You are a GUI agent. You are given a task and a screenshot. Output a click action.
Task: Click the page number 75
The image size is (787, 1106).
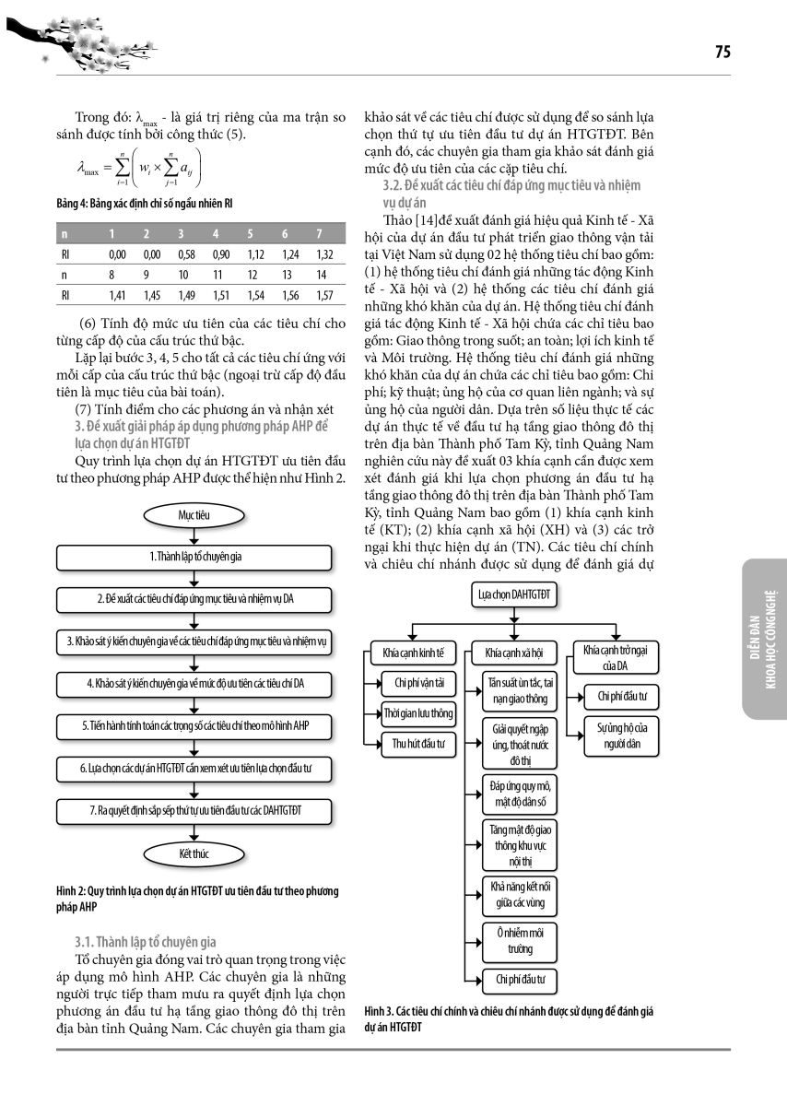pos(722,53)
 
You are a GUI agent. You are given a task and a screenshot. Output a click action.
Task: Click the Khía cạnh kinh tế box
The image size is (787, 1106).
pos(413,653)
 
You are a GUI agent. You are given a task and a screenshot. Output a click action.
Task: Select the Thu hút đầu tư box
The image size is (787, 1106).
pos(419,745)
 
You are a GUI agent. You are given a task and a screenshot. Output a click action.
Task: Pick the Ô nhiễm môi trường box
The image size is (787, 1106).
pos(521,941)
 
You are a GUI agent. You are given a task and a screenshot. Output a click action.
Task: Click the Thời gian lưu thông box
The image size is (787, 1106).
pos(419,713)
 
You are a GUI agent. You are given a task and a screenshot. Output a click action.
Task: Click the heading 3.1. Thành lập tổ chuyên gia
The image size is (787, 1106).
pos(145,942)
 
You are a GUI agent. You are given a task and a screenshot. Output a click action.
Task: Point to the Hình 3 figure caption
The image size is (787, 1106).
pos(508,1018)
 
